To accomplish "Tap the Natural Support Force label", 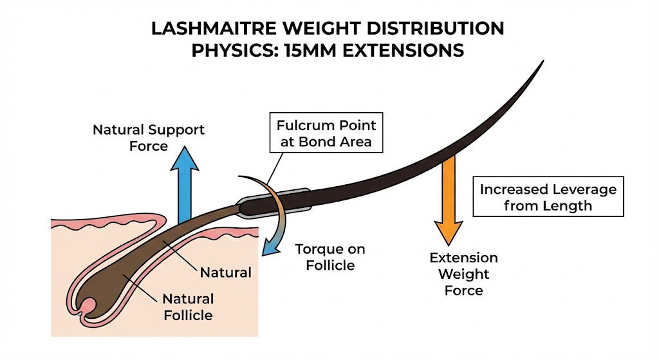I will (149, 137).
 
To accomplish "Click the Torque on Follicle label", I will (325, 257).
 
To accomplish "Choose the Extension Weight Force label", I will (463, 274).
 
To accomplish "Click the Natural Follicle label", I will (187, 307).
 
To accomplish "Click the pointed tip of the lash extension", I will (543, 62).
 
